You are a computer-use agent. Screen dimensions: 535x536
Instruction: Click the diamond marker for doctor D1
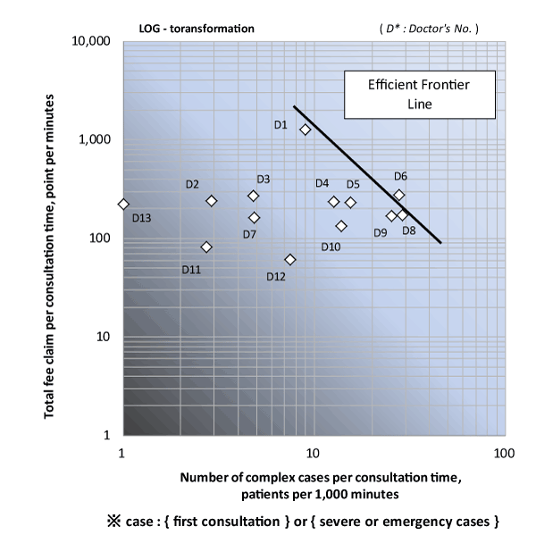(x=306, y=130)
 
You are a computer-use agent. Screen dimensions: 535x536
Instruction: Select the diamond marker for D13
(x=123, y=205)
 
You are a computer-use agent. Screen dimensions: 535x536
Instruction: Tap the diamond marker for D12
(x=290, y=260)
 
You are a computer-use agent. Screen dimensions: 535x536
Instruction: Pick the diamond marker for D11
(x=206, y=247)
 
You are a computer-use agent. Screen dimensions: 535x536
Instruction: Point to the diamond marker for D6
(x=399, y=195)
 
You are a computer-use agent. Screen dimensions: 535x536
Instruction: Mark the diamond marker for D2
(x=212, y=201)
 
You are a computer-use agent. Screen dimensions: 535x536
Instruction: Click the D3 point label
(x=264, y=180)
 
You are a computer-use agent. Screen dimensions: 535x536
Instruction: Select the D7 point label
(x=250, y=234)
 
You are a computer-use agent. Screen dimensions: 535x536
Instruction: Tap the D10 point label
(x=331, y=247)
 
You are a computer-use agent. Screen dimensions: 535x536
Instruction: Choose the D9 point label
(x=381, y=233)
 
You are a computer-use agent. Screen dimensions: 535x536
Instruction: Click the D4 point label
(x=322, y=183)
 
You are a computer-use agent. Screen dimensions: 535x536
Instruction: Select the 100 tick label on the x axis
(x=504, y=453)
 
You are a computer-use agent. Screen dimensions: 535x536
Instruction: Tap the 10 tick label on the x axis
(x=313, y=453)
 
